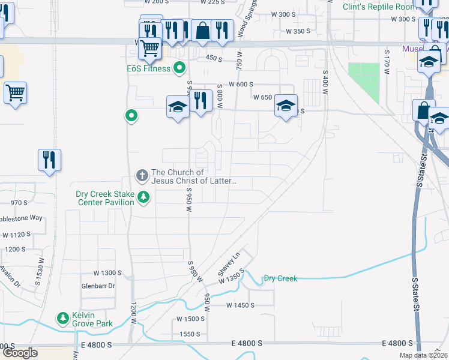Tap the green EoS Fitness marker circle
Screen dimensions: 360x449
pyautogui.click(x=179, y=68)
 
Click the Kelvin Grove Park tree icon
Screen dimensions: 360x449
pyautogui.click(x=62, y=317)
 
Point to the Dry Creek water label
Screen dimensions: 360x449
pyautogui.click(x=280, y=278)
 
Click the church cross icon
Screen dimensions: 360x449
pyautogui.click(x=142, y=176)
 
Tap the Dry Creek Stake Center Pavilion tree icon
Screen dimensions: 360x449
pyautogui.click(x=143, y=196)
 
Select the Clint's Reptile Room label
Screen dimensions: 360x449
pyautogui.click(x=379, y=7)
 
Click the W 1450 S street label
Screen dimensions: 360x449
pyautogui.click(x=241, y=305)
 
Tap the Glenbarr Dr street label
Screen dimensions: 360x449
pyautogui.click(x=98, y=286)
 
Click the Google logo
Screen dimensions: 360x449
pyautogui.click(x=20, y=353)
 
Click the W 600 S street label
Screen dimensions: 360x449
pyautogui.click(x=241, y=85)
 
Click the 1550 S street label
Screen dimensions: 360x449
pyautogui.click(x=190, y=334)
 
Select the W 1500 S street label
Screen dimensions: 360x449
pyautogui.click(x=190, y=319)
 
